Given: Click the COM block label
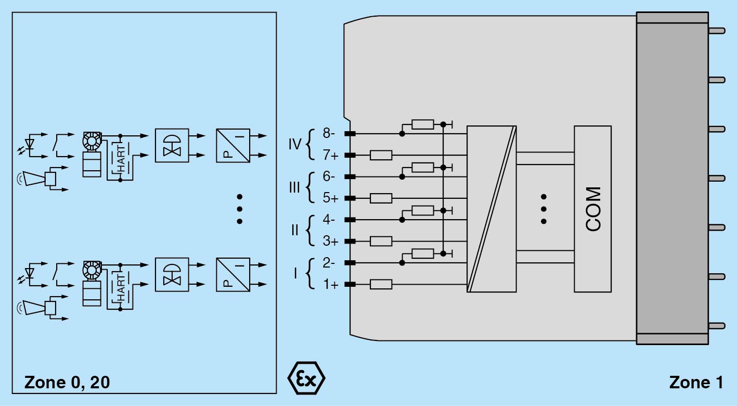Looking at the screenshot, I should click(x=593, y=209).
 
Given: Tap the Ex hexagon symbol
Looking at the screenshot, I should click(x=306, y=377).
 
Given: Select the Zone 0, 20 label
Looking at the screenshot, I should click(x=67, y=383).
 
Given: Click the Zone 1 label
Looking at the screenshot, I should click(x=696, y=383).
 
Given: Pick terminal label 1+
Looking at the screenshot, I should click(x=330, y=284).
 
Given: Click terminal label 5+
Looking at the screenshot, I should click(x=330, y=198).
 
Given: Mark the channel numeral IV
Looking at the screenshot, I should click(x=295, y=144).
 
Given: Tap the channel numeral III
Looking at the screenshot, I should click(x=294, y=187).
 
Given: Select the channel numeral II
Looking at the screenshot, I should click(x=295, y=230).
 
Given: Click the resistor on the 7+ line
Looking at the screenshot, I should click(x=381, y=155).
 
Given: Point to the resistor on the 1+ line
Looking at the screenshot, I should click(x=381, y=284).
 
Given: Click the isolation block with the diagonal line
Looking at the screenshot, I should click(x=492, y=209).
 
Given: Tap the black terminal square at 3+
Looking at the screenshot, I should click(x=350, y=242).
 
